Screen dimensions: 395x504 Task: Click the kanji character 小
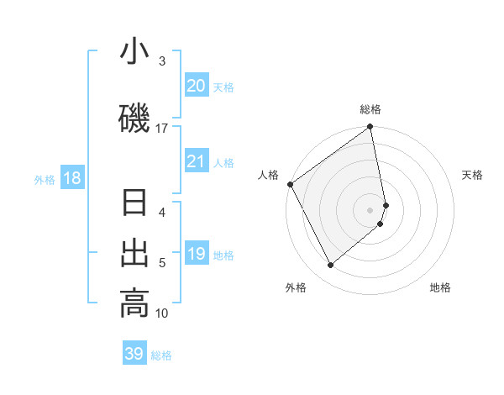(x=134, y=52)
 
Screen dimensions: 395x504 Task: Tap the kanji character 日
(x=134, y=204)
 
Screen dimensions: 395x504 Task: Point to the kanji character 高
(x=134, y=303)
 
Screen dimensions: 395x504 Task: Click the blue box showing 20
(x=197, y=86)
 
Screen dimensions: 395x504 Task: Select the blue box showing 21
(x=197, y=161)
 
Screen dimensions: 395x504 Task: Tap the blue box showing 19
(x=197, y=254)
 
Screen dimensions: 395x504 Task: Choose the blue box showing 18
(x=71, y=178)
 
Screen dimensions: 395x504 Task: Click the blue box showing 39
(x=134, y=354)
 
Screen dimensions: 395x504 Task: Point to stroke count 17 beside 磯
(x=162, y=128)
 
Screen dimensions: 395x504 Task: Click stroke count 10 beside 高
(x=162, y=313)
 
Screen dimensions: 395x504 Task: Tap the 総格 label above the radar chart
(x=370, y=109)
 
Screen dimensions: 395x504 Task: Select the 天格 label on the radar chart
(x=473, y=175)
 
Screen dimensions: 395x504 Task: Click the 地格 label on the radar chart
(x=440, y=287)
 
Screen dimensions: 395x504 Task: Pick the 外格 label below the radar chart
(x=296, y=287)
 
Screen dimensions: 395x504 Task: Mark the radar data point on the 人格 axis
(x=290, y=184)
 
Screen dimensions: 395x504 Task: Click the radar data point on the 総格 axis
(x=370, y=128)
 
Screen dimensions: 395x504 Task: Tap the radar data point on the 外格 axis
(x=331, y=266)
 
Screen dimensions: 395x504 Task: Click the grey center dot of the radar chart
(x=370, y=209)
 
